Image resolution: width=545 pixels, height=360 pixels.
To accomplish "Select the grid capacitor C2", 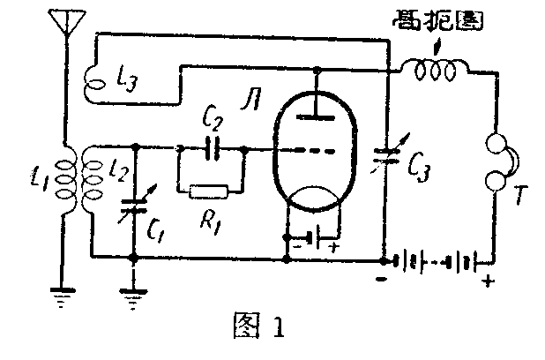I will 212,148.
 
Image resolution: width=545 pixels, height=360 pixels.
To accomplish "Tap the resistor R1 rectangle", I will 209,190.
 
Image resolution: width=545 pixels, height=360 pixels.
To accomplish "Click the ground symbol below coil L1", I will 63,299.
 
